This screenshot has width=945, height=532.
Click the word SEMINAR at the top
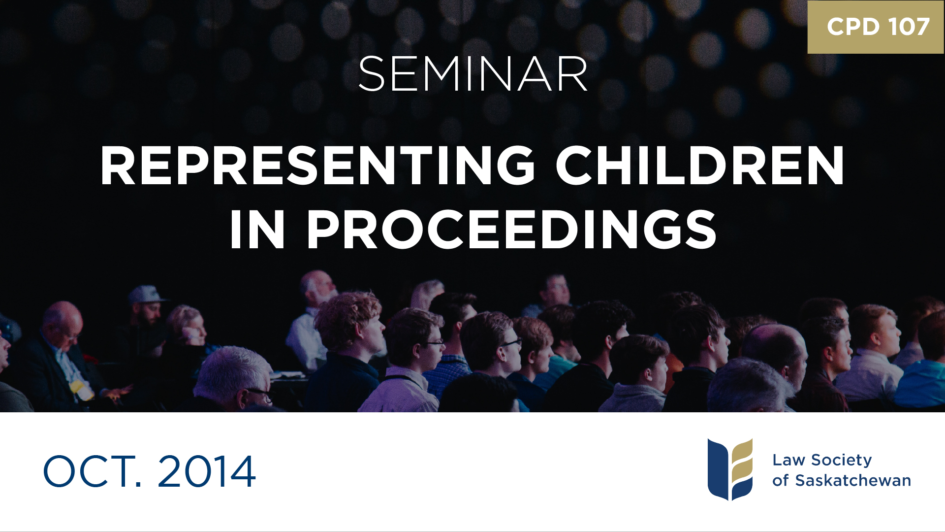(472, 74)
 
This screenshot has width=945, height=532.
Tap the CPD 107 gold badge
(876, 27)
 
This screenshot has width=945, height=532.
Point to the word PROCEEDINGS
(512, 230)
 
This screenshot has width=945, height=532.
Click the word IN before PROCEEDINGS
(257, 230)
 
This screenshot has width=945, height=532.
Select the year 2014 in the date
(207, 471)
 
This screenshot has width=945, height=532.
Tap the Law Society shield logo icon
(730, 469)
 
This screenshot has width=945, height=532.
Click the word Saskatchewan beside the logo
(853, 480)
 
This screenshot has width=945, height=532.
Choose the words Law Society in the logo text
(822, 460)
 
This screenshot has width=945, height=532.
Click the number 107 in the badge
(909, 27)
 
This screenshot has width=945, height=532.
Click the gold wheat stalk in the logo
(742, 463)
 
